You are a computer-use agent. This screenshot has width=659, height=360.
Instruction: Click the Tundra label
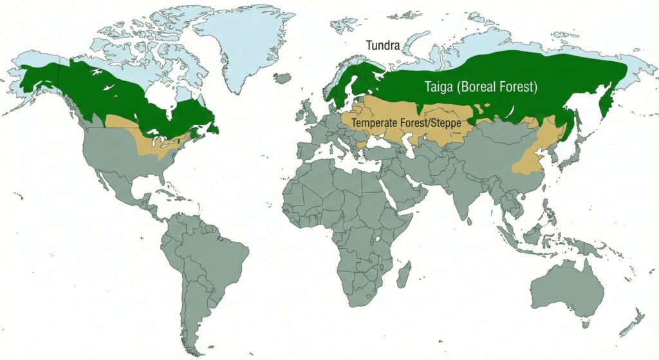384,46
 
